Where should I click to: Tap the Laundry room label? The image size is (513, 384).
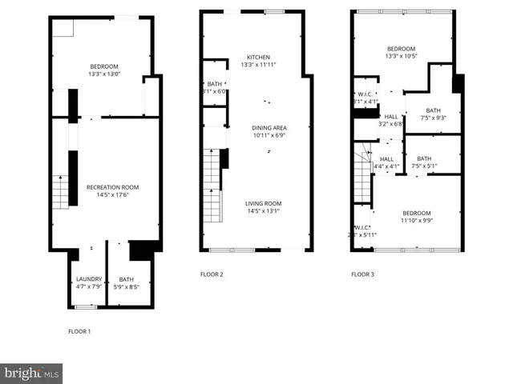click(x=88, y=279)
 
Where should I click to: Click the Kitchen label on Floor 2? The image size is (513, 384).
click(x=257, y=57)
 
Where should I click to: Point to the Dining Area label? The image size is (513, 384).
click(x=269, y=128)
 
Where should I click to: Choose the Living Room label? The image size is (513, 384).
click(x=263, y=203)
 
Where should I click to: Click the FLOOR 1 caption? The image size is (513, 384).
click(x=79, y=331)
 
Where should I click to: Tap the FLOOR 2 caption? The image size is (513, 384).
click(x=212, y=274)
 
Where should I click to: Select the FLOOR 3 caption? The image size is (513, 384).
click(x=362, y=274)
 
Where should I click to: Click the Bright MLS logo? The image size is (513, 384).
click(x=32, y=373)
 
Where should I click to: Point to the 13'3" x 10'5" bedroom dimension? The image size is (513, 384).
click(x=401, y=57)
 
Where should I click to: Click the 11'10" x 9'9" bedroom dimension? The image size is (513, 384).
click(x=416, y=221)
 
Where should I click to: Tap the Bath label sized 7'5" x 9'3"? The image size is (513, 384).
click(x=433, y=110)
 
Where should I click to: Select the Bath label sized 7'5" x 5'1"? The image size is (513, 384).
click(x=424, y=158)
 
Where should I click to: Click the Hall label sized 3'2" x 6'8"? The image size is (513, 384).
click(x=390, y=116)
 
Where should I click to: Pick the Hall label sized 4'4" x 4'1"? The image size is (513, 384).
click(x=386, y=159)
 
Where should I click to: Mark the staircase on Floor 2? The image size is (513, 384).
click(x=211, y=188)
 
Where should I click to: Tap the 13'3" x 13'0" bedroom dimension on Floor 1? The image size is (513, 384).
click(x=104, y=74)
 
